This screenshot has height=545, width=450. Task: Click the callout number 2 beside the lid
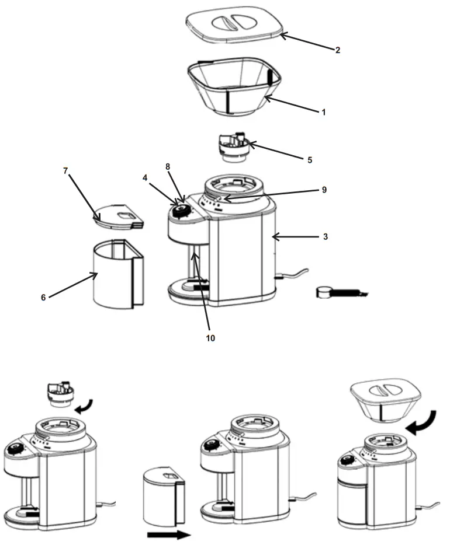pyautogui.click(x=337, y=50)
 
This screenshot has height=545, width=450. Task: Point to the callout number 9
pyautogui.click(x=324, y=190)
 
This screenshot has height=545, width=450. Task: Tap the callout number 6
pyautogui.click(x=43, y=297)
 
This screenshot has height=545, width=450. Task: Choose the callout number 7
pyautogui.click(x=65, y=170)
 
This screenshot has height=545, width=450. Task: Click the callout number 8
pyautogui.click(x=168, y=166)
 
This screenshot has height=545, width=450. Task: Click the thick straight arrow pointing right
pyautogui.click(x=167, y=533)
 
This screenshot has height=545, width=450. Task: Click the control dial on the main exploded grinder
pyautogui.click(x=181, y=211)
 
